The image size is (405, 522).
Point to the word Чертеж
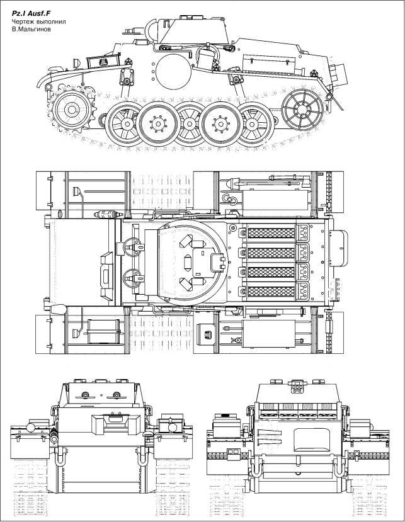23,23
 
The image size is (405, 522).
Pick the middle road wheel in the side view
188,125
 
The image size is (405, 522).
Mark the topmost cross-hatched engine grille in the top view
271,233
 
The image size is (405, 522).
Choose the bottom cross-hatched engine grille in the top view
271,292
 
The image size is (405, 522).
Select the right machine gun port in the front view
116,395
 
